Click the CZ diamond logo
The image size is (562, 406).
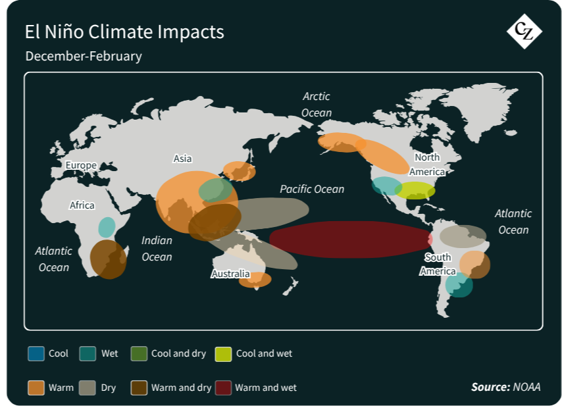(x=524, y=31)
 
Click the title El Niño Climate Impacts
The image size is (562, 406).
(x=124, y=32)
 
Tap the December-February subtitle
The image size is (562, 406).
(x=84, y=56)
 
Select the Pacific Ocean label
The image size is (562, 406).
(x=312, y=189)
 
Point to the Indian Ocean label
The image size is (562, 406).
(x=157, y=248)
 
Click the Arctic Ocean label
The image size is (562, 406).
(x=317, y=104)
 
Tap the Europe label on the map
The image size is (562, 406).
(x=81, y=165)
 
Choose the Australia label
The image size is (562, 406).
(x=230, y=274)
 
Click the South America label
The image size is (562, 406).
(x=438, y=264)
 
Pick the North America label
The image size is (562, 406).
(x=427, y=165)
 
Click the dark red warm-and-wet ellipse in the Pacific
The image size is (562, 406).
(x=351, y=240)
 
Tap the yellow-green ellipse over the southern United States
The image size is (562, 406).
(x=415, y=191)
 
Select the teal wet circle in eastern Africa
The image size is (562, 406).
(x=107, y=227)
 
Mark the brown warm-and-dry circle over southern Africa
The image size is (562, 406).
(x=108, y=259)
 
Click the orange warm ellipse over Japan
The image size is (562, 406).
(x=240, y=171)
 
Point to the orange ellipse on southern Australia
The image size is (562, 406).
(x=255, y=280)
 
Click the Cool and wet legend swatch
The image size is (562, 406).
(x=223, y=353)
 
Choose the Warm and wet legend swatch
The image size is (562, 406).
(x=223, y=388)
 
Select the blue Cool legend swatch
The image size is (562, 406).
(x=36, y=353)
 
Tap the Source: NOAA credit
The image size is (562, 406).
(x=505, y=387)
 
